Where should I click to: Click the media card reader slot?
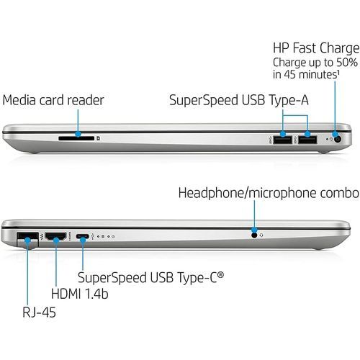[x=76, y=138]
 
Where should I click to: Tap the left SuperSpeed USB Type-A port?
[x=282, y=140]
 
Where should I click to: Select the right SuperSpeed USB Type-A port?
[x=307, y=140]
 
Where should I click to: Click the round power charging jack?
[x=338, y=139]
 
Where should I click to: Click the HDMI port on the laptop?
[x=55, y=236]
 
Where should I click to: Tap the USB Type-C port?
[x=82, y=236]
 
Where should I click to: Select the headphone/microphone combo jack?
[x=254, y=235]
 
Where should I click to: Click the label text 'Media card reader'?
[x=53, y=100]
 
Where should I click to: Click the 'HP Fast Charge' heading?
[x=316, y=48]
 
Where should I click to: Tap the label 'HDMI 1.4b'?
[x=80, y=293]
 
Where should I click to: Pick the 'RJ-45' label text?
[x=39, y=312]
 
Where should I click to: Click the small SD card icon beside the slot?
[x=99, y=138]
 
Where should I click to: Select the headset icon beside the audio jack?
[x=261, y=235]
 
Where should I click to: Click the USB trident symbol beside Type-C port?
[x=93, y=236]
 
